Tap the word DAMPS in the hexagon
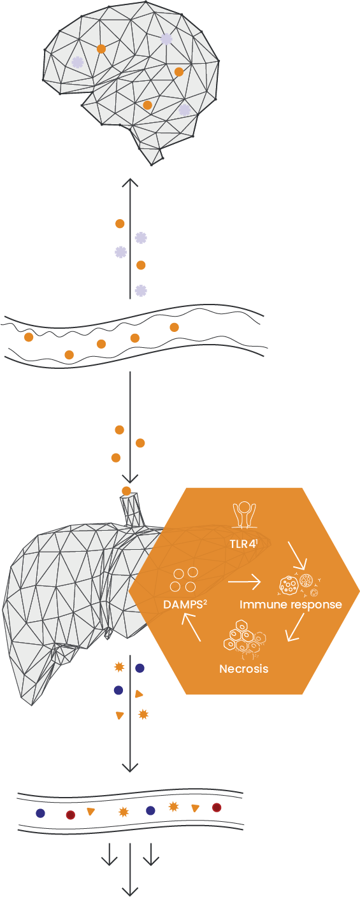pos(183,605)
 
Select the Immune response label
pos(291,605)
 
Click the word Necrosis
pos(244,669)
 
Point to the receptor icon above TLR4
pos(244,515)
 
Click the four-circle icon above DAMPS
pos(184,580)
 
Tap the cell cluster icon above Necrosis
pos(245,640)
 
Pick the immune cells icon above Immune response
pos(300,585)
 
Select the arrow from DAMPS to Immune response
pos(244,582)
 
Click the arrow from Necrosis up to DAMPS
pos(191,628)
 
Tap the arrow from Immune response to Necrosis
pos(295,627)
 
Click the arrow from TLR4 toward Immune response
pos(297,556)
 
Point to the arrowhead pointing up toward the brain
pos(130,183)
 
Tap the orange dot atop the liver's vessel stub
pos(126,491)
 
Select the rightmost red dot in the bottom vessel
pos(217,807)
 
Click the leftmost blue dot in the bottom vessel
pos(40,813)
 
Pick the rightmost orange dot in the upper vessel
pos(174,327)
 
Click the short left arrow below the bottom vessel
pos(109,854)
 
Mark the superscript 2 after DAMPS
pos(205,601)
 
